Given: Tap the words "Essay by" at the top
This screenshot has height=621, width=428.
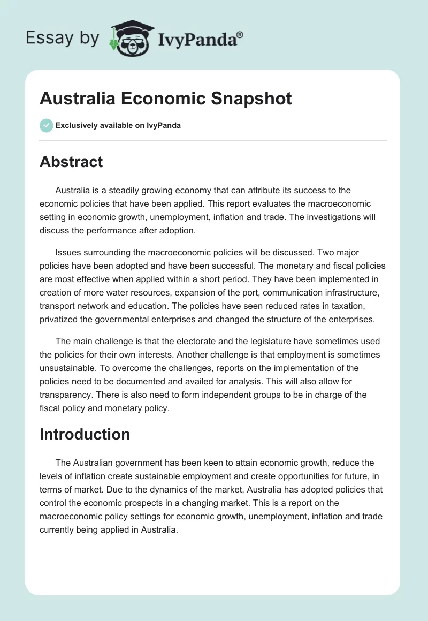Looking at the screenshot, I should tap(63, 37).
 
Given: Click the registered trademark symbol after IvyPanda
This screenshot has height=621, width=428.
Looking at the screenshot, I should tap(240, 35).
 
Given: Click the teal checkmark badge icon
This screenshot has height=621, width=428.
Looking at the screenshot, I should tap(46, 125).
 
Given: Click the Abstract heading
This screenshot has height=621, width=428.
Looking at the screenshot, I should tap(71, 162).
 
